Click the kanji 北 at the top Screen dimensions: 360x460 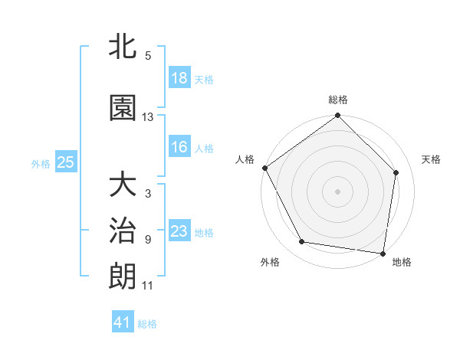coord(123,48)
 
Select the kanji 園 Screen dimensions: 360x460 coord(123,108)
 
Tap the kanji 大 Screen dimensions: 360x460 coord(123,186)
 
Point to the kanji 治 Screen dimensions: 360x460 coord(123,231)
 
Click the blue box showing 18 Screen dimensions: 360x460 coord(179,78)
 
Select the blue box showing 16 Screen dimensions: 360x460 coord(179,147)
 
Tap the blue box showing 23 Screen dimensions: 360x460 coord(179,231)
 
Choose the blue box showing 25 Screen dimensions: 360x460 coord(65,162)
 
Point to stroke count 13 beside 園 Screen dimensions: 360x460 coord(148,117)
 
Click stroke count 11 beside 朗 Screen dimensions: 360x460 coord(148,286)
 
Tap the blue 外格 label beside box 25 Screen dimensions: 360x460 coord(41,163)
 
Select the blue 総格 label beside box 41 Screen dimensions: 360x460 coord(147,323)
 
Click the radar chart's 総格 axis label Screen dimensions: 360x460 coord(338,100)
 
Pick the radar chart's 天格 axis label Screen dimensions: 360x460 coord(432,159)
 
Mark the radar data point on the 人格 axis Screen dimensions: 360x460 coord(264,168)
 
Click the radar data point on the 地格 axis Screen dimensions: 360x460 coord(383,253)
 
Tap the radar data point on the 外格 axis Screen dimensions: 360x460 coord(301,242)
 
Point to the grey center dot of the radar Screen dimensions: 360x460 coord(337,191)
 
